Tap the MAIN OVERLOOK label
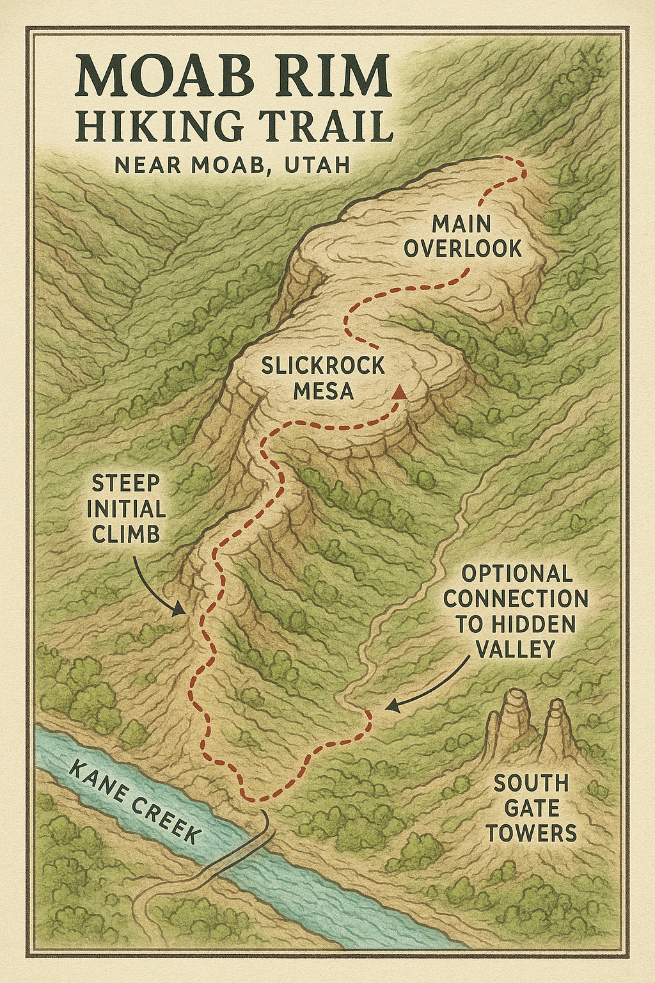pyautogui.click(x=462, y=237)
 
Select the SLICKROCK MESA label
pyautogui.click(x=323, y=378)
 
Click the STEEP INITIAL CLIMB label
pyautogui.click(x=126, y=509)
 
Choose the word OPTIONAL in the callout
pyautogui.click(x=517, y=573)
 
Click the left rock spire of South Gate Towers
pyautogui.click(x=512, y=717)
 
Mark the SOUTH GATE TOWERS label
pyautogui.click(x=531, y=808)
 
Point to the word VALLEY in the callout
pyautogui.click(x=516, y=649)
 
